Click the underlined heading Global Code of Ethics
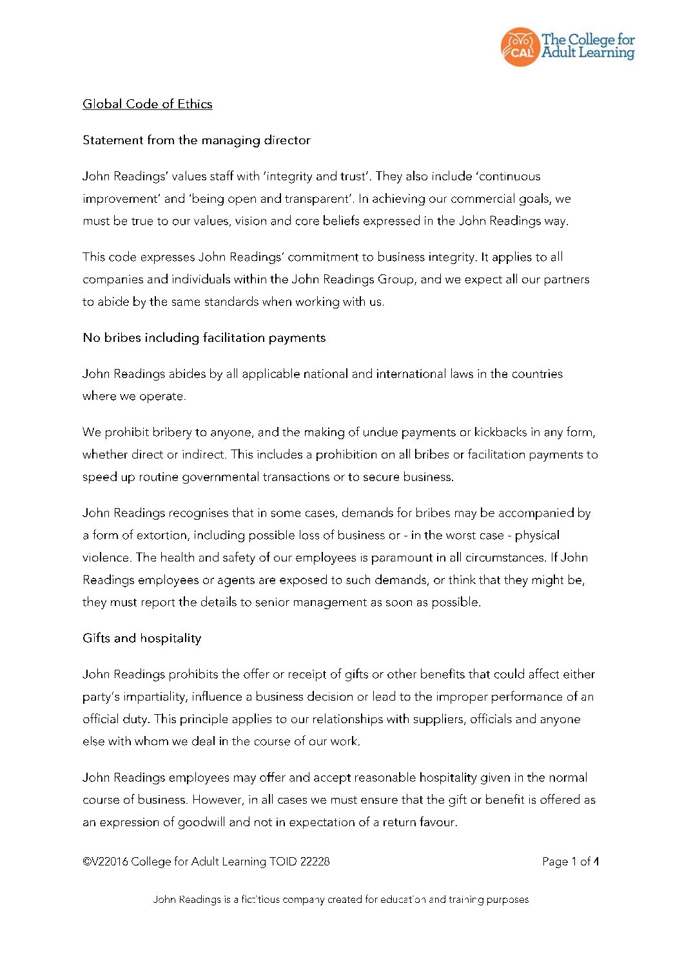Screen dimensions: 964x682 [147, 104]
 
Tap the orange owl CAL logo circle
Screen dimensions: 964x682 [519, 47]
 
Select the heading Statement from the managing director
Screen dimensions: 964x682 [197, 140]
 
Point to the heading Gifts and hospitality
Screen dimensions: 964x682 [142, 638]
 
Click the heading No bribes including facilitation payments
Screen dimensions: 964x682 [204, 338]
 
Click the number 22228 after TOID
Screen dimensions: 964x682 [315, 862]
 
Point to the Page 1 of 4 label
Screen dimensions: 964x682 [570, 862]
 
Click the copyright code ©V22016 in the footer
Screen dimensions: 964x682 [105, 862]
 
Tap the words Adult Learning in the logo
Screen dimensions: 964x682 [588, 53]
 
